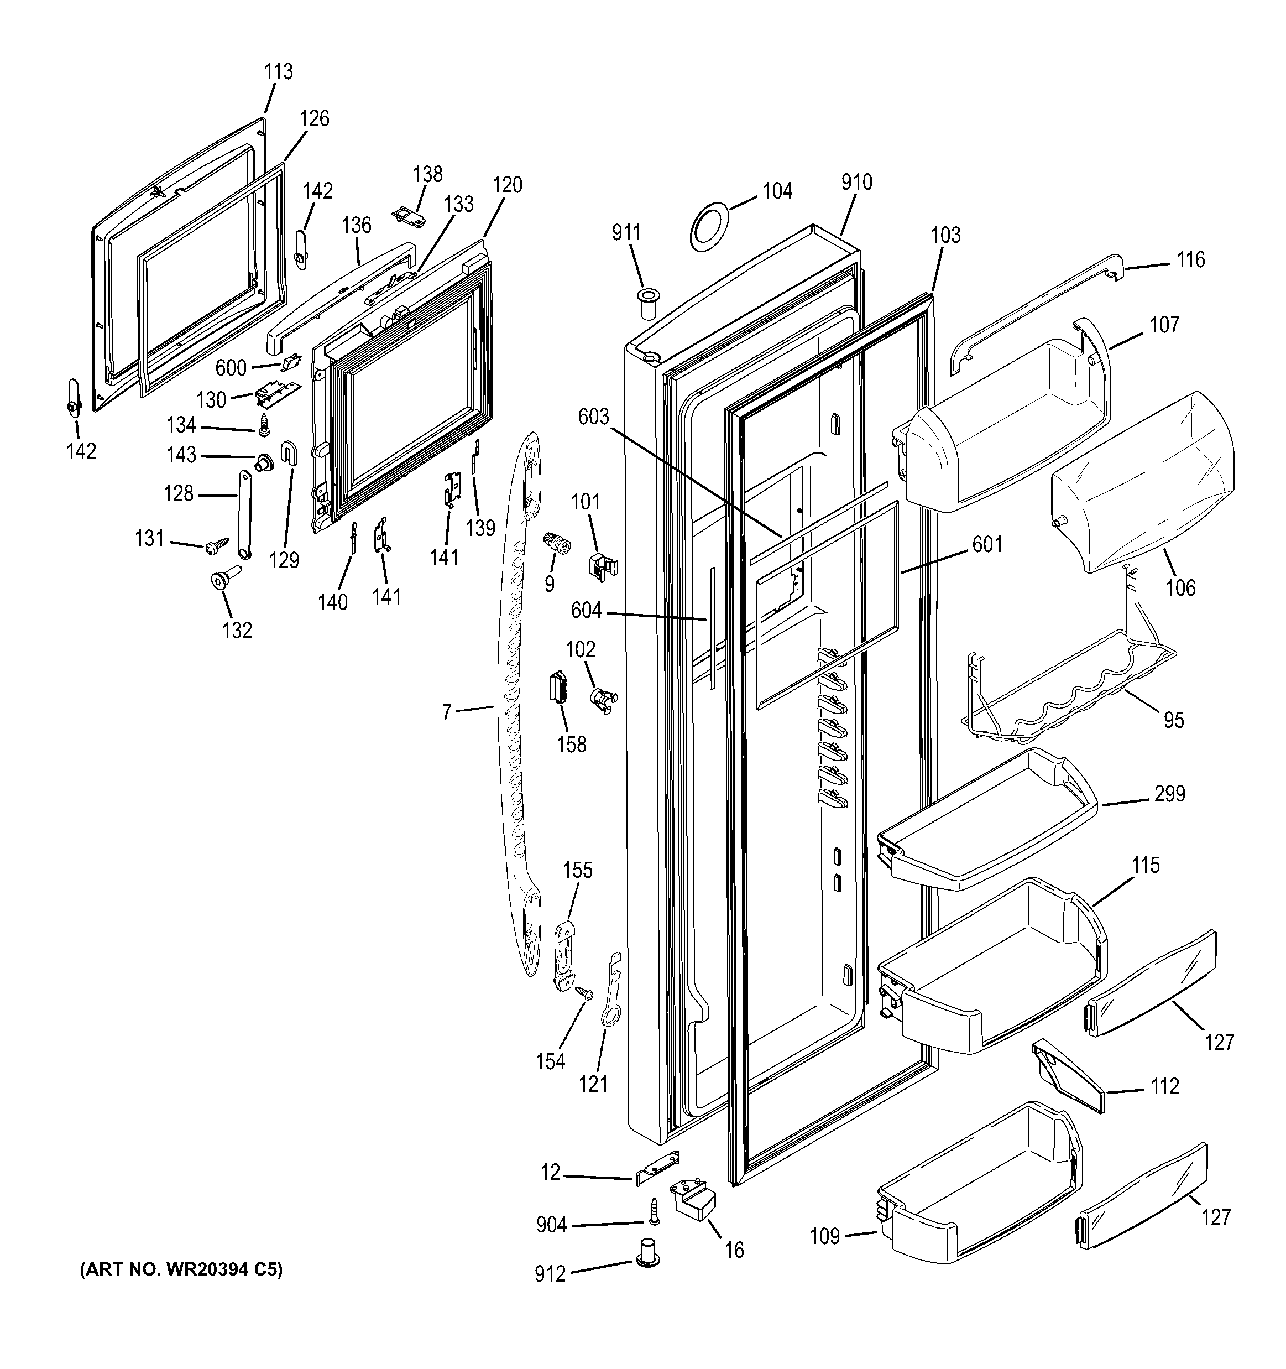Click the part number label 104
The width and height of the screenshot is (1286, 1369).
tap(777, 191)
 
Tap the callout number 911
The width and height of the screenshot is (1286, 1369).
tap(626, 233)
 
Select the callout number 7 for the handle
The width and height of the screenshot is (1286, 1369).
tap(446, 712)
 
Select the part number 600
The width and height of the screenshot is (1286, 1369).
tap(231, 368)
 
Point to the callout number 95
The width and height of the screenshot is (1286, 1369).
tap(1173, 720)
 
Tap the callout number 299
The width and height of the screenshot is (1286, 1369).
tap(1170, 794)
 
